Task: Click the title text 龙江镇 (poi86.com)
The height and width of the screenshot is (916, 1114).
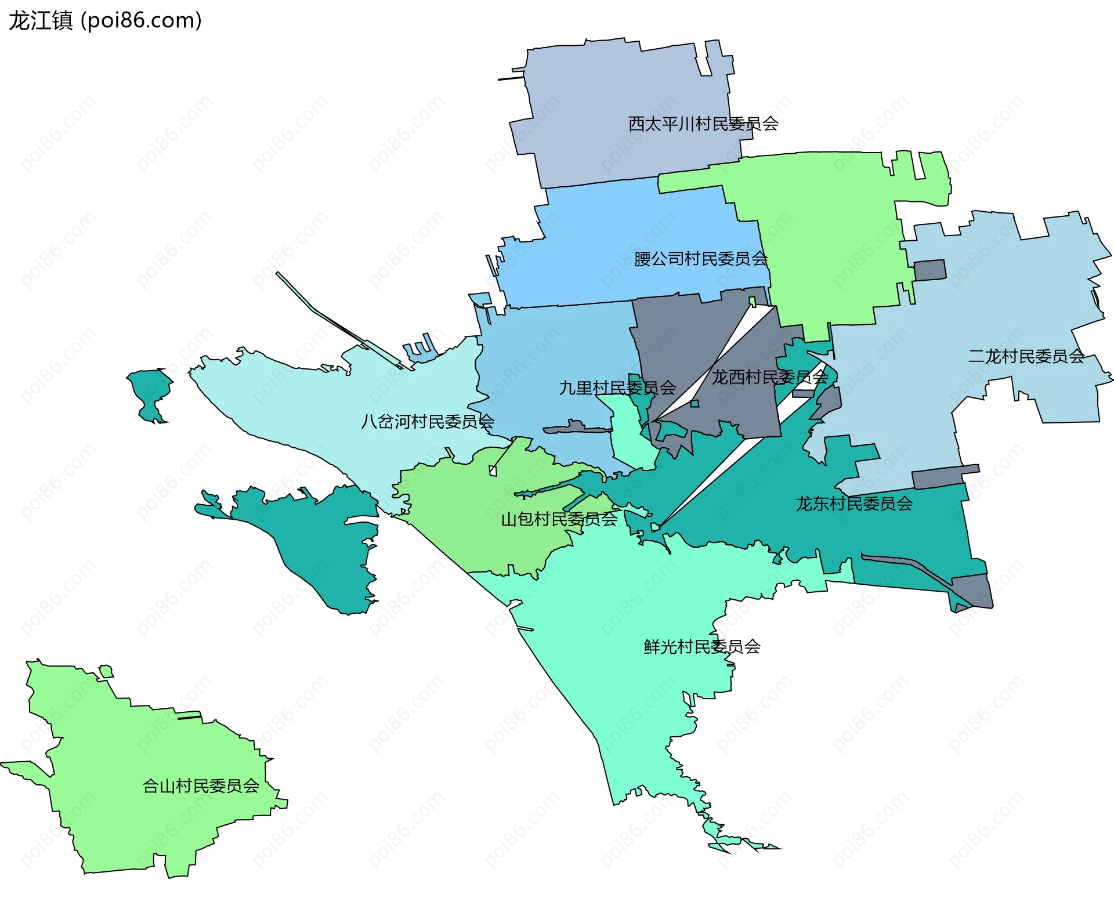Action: [105, 21]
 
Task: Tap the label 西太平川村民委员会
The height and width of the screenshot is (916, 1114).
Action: [703, 124]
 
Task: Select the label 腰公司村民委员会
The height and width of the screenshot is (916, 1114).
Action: [700, 259]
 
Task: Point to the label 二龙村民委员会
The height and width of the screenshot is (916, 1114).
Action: [1026, 356]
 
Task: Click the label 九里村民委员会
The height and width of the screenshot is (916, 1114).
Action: [617, 388]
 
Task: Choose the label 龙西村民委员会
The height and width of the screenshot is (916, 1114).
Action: [769, 377]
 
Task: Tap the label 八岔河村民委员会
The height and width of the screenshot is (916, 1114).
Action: [427, 421]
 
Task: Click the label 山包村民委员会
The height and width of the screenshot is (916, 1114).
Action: [559, 519]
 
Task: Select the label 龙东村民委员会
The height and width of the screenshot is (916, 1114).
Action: [853, 504]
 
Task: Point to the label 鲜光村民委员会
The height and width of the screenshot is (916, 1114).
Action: [701, 646]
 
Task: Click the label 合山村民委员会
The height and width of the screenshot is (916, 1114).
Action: [201, 786]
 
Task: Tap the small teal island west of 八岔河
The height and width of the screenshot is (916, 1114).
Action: [150, 392]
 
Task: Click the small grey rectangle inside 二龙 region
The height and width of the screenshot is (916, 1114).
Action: [929, 270]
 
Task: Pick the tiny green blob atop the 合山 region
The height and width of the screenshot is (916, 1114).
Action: [106, 672]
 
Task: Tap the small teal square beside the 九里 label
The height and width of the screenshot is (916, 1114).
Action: [695, 403]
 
